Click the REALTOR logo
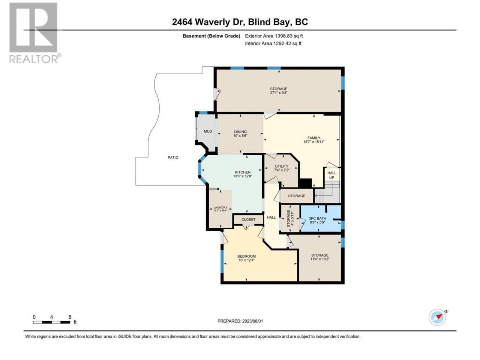tap(35, 33)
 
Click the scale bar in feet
tap(52, 322)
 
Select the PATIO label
tap(173, 157)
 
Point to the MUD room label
tap(208, 131)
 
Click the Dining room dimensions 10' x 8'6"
tap(240, 135)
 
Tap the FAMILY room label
tap(314, 138)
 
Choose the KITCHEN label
tap(243, 172)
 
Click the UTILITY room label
tap(282, 166)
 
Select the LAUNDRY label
tap(220, 207)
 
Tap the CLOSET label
tap(248, 219)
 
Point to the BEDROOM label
tap(246, 256)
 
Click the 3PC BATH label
tap(318, 218)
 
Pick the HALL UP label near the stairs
tap(332, 175)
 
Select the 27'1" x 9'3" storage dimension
tap(279, 93)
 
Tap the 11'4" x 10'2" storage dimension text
tap(320, 259)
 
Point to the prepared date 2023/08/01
tap(253, 321)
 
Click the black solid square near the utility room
tap(305, 183)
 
